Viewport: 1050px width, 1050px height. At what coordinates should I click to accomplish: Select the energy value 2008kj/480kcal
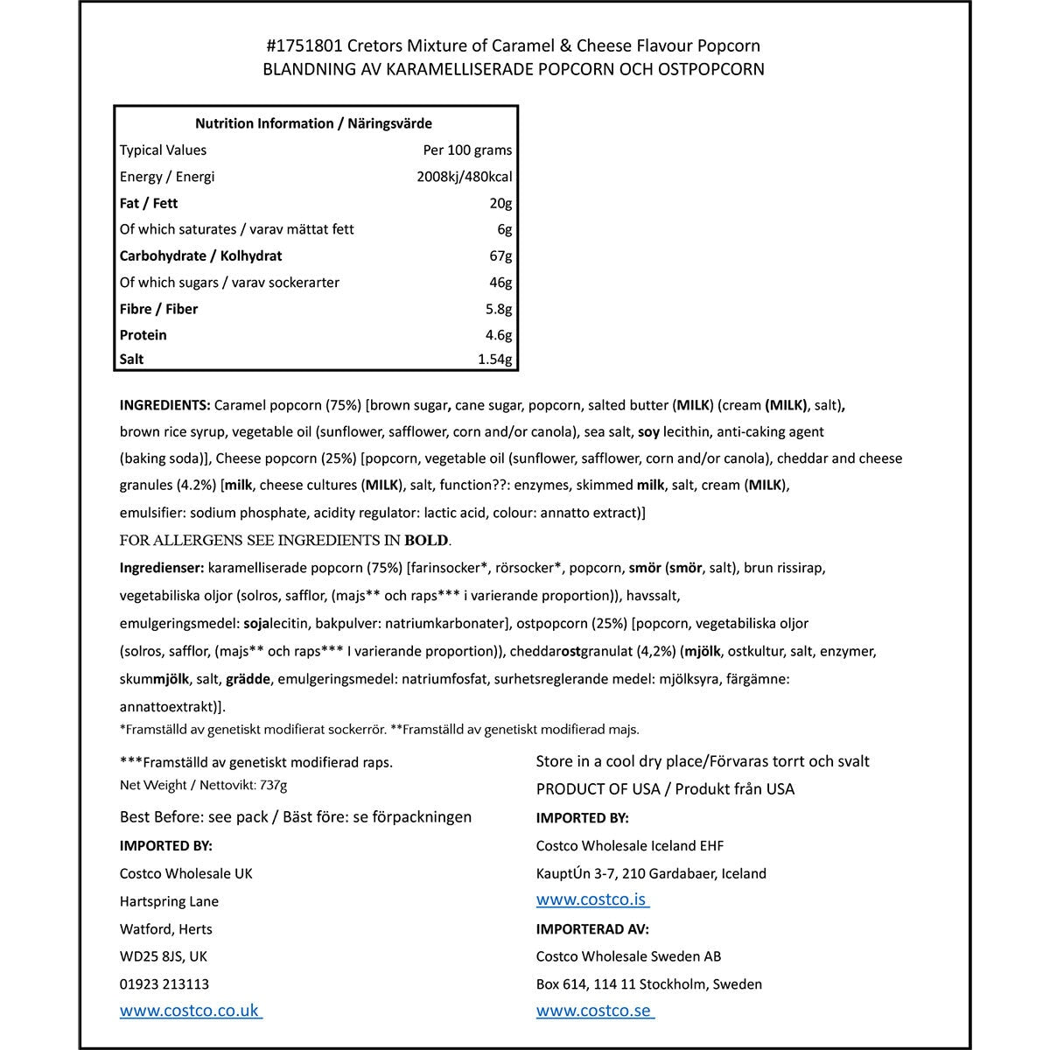pyautogui.click(x=465, y=177)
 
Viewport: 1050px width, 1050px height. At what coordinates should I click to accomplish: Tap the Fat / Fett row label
pyautogui.click(x=149, y=203)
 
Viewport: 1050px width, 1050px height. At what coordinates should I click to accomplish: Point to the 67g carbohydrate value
pyautogui.click(x=500, y=255)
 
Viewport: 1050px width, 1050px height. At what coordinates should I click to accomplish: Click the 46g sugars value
pyautogui.click(x=500, y=283)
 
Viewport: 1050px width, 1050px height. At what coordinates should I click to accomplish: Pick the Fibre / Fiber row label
pyautogui.click(x=158, y=309)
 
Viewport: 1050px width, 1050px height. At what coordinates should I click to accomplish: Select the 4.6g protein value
pyautogui.click(x=498, y=335)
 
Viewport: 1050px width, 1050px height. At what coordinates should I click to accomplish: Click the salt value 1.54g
pyautogui.click(x=494, y=359)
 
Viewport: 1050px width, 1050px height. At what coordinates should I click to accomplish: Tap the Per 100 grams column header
pyautogui.click(x=467, y=150)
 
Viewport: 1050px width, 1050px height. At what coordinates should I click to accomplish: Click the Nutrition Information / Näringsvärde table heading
pyautogui.click(x=313, y=123)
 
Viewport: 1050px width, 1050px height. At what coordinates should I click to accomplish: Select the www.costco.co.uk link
pyautogui.click(x=190, y=1011)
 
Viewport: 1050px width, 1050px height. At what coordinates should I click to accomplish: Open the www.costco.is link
pyautogui.click(x=591, y=900)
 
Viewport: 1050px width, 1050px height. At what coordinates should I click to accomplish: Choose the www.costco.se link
pyautogui.click(x=594, y=1011)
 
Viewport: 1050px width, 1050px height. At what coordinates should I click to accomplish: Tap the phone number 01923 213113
pyautogui.click(x=164, y=983)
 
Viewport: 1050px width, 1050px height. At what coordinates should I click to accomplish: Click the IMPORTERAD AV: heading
pyautogui.click(x=592, y=928)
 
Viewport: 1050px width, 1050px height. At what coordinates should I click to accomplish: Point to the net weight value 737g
pyautogui.click(x=273, y=785)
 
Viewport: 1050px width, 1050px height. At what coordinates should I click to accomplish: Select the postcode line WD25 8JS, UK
pyautogui.click(x=164, y=956)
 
